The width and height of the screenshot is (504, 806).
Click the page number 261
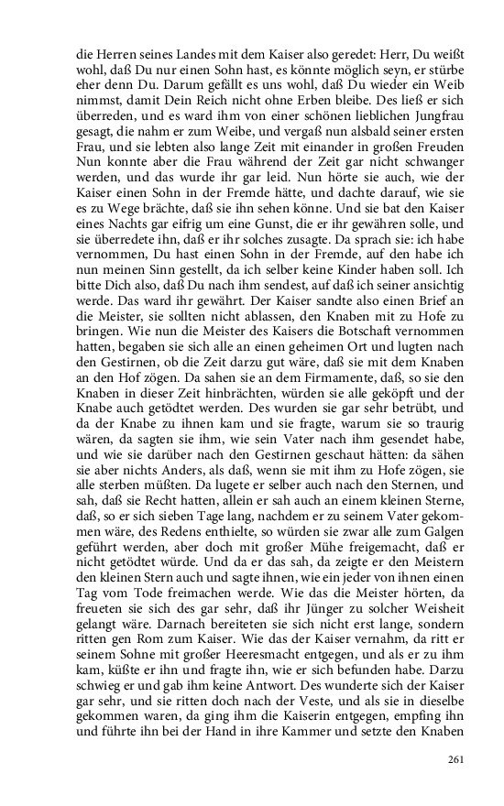pyautogui.click(x=455, y=758)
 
